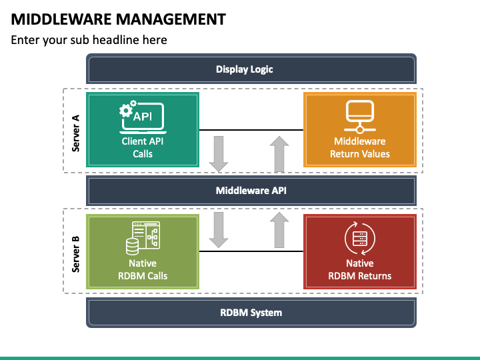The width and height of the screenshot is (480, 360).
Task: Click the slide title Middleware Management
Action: click(x=118, y=19)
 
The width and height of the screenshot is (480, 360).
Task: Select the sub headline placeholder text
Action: click(x=89, y=40)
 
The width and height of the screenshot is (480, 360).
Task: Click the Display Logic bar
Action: click(x=251, y=69)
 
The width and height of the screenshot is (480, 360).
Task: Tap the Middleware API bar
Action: click(x=251, y=191)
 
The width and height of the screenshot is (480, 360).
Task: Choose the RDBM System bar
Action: click(x=251, y=312)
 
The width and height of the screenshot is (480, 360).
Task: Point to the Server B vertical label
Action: click(x=75, y=253)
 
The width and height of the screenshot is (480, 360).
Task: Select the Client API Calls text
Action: click(x=142, y=147)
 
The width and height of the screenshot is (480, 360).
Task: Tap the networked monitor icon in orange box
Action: click(x=360, y=116)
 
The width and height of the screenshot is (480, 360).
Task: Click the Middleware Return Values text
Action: click(x=360, y=147)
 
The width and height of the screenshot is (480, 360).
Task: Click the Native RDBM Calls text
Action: click(x=142, y=269)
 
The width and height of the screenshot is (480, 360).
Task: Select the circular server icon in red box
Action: click(x=360, y=238)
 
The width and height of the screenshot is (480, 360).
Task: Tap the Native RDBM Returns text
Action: click(x=360, y=269)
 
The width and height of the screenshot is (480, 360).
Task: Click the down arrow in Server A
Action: click(x=218, y=153)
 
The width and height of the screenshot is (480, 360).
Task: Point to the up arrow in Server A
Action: click(x=279, y=153)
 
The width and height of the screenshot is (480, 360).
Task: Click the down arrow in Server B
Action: click(x=218, y=230)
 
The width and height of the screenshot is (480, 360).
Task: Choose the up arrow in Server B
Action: click(x=279, y=230)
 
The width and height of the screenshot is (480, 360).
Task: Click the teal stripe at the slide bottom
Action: click(x=240, y=357)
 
